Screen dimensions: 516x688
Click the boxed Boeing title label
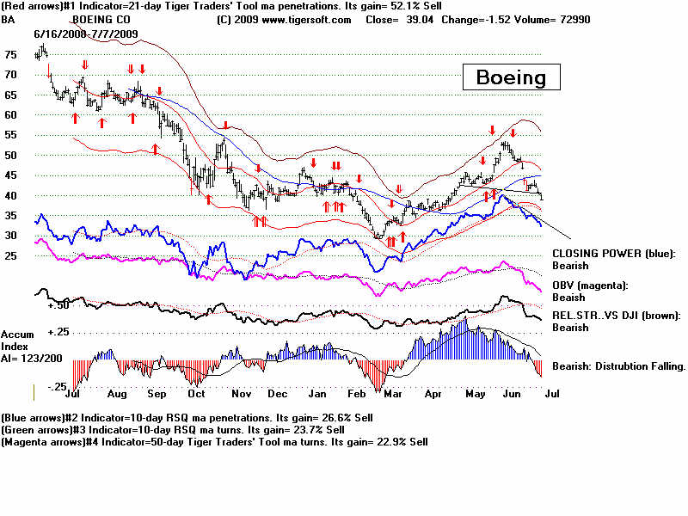click(511, 77)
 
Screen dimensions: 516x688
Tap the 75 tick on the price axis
click(9, 54)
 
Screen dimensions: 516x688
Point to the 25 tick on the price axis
click(9, 256)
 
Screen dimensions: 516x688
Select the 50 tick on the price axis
click(9, 155)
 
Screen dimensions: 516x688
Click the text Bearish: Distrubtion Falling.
click(618, 366)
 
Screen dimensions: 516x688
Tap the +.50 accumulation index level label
click(58, 304)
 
